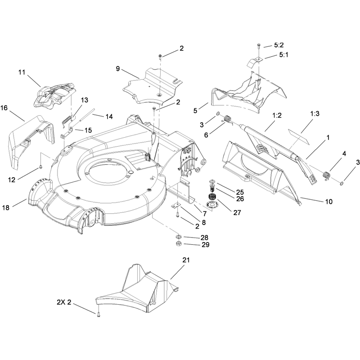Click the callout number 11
point(22,72)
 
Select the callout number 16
point(4,108)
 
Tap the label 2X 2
point(64,302)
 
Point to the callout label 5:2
point(279,45)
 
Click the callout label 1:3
point(315,113)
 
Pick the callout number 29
point(206,245)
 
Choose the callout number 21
point(186,260)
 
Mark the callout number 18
point(6,207)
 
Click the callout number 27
point(237,212)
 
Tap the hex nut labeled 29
point(178,243)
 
